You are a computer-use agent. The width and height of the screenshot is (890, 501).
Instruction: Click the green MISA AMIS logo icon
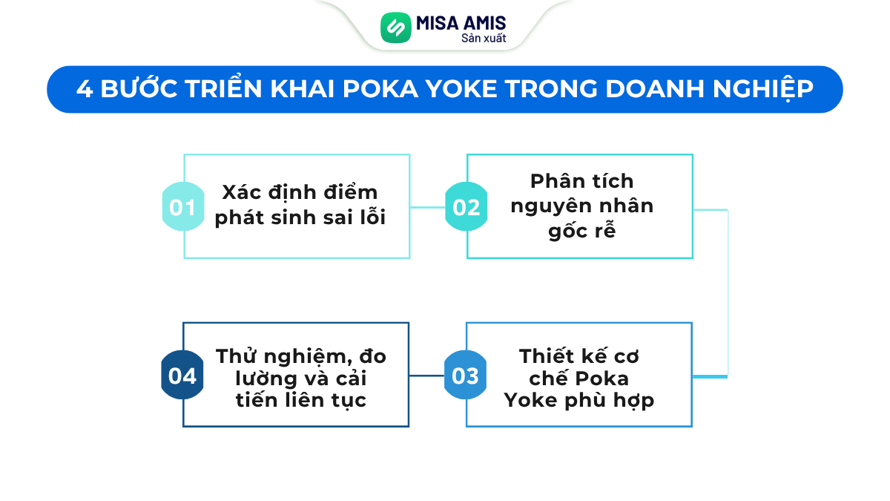pyautogui.click(x=395, y=27)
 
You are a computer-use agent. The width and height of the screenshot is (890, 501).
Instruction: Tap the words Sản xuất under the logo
pyautogui.click(x=484, y=38)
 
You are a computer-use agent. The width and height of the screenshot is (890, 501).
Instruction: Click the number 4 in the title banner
pyautogui.click(x=84, y=89)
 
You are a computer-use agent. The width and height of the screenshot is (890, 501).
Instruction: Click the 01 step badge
pyautogui.click(x=182, y=207)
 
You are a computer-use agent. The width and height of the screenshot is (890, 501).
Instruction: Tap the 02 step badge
pyautogui.click(x=465, y=207)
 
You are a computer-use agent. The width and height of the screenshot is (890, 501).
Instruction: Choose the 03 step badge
pyautogui.click(x=465, y=376)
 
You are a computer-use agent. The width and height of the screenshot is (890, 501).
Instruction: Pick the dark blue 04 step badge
pyautogui.click(x=182, y=376)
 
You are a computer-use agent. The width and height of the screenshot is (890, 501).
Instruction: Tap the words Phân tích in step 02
pyautogui.click(x=582, y=180)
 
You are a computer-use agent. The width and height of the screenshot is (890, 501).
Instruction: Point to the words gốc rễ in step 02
pyautogui.click(x=582, y=231)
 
